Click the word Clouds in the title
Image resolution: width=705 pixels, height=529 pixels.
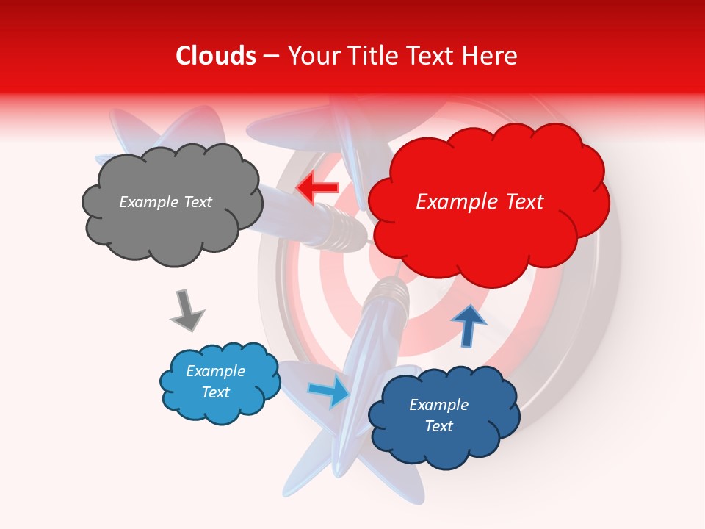(216, 56)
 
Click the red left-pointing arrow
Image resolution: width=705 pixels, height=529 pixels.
(317, 188)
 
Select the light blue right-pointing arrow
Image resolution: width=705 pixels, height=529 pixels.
(330, 391)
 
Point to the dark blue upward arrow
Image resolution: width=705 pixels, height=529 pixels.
(469, 325)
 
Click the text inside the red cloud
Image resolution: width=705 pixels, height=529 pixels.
(480, 202)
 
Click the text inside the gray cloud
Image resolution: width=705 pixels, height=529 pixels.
(165, 202)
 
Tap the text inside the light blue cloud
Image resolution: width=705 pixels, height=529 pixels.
(216, 381)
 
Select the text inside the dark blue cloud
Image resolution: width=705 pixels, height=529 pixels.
(438, 415)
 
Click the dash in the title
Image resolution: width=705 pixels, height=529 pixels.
(271, 57)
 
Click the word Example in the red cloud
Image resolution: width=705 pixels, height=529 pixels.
(449, 202)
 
